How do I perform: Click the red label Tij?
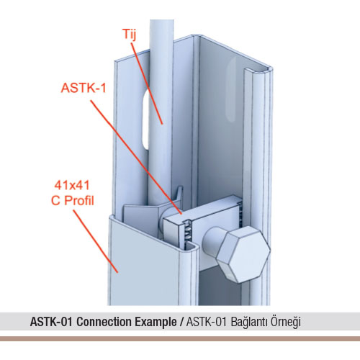[x=130, y=35]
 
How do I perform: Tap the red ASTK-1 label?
[x=84, y=88]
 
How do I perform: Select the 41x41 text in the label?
[x=72, y=185]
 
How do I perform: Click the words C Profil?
[x=73, y=201]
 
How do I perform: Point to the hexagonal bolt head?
[x=243, y=254]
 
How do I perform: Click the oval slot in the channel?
[x=145, y=120]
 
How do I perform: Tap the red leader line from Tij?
[x=147, y=83]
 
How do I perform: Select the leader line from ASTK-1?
[x=136, y=157]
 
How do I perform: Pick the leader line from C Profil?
[x=96, y=241]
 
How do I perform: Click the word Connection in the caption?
[x=104, y=322]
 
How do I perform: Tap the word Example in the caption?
[x=156, y=322]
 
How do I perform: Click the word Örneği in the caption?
[x=286, y=322]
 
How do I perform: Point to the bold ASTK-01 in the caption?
[x=51, y=322]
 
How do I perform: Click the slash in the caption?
[x=182, y=322]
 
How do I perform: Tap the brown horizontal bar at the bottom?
[x=180, y=338]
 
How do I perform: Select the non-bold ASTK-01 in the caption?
[x=207, y=322]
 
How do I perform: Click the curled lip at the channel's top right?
[x=258, y=70]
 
